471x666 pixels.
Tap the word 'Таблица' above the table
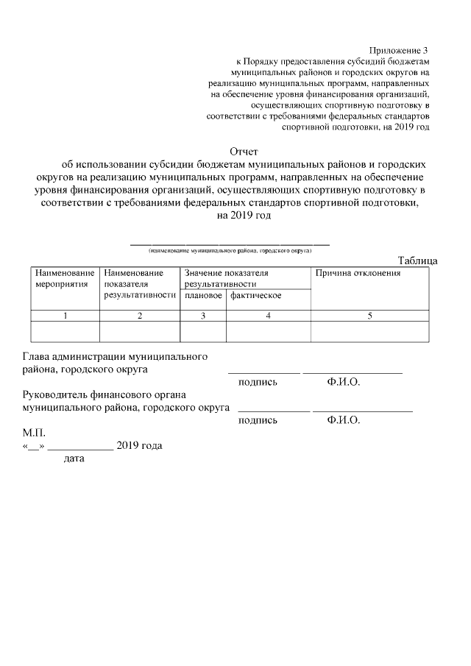(x=417, y=261)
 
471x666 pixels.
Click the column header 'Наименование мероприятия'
(x=65, y=278)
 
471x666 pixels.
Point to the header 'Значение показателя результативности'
(x=227, y=278)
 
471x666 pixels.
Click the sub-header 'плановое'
(x=203, y=296)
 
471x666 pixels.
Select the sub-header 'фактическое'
(x=255, y=296)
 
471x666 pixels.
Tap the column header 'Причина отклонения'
(x=358, y=274)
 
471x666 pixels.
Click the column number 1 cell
(x=65, y=316)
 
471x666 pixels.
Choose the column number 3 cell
(x=203, y=316)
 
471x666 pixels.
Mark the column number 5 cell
(x=369, y=316)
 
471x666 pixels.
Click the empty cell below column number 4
(x=268, y=332)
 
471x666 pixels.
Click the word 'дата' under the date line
(x=74, y=459)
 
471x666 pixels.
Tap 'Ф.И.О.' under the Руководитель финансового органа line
(x=343, y=420)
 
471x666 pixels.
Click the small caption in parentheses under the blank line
(x=230, y=250)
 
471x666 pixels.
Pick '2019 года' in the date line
(x=139, y=446)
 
